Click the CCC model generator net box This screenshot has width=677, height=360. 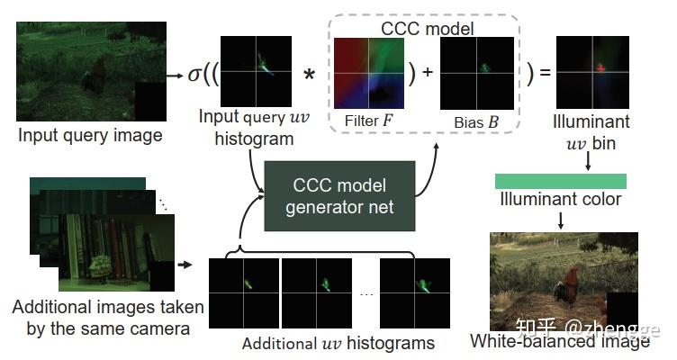pos(338,197)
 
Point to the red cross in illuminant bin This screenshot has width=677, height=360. pos(598,68)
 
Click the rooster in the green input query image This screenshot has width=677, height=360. pos(95,82)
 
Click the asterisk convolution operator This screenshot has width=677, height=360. pos(309,74)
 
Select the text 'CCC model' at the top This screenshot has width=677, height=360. pos(428,29)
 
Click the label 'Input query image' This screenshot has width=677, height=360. pos(90,136)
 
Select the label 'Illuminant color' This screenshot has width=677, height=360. pos(561,199)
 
